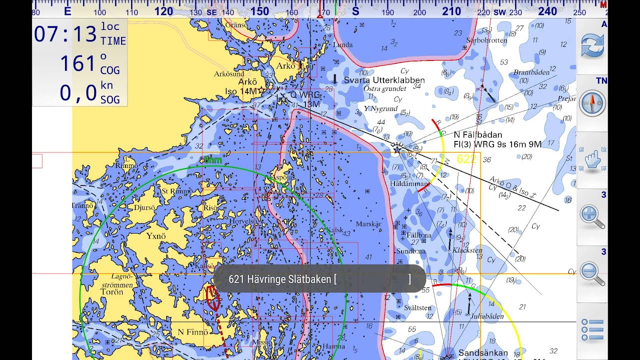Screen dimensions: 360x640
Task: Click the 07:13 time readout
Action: tap(65, 34)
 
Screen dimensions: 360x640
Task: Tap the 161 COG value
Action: tap(77, 64)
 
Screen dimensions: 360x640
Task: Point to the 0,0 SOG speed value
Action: tap(78, 93)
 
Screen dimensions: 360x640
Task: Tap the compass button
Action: tap(592, 103)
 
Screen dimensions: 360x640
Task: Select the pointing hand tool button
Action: tap(592, 160)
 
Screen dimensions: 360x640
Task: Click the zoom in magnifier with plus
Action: tap(592, 216)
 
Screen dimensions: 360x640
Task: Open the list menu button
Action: tap(592, 330)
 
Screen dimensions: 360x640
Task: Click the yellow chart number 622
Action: tap(466, 159)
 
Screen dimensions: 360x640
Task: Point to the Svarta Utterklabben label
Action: tap(384, 80)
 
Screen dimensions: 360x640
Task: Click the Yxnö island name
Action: tap(155, 235)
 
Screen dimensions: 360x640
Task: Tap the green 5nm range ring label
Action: tap(212, 160)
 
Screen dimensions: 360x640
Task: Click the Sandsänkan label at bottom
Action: tap(483, 352)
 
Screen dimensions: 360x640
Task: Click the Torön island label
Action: tap(111, 292)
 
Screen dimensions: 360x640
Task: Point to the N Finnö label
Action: tap(192, 332)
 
